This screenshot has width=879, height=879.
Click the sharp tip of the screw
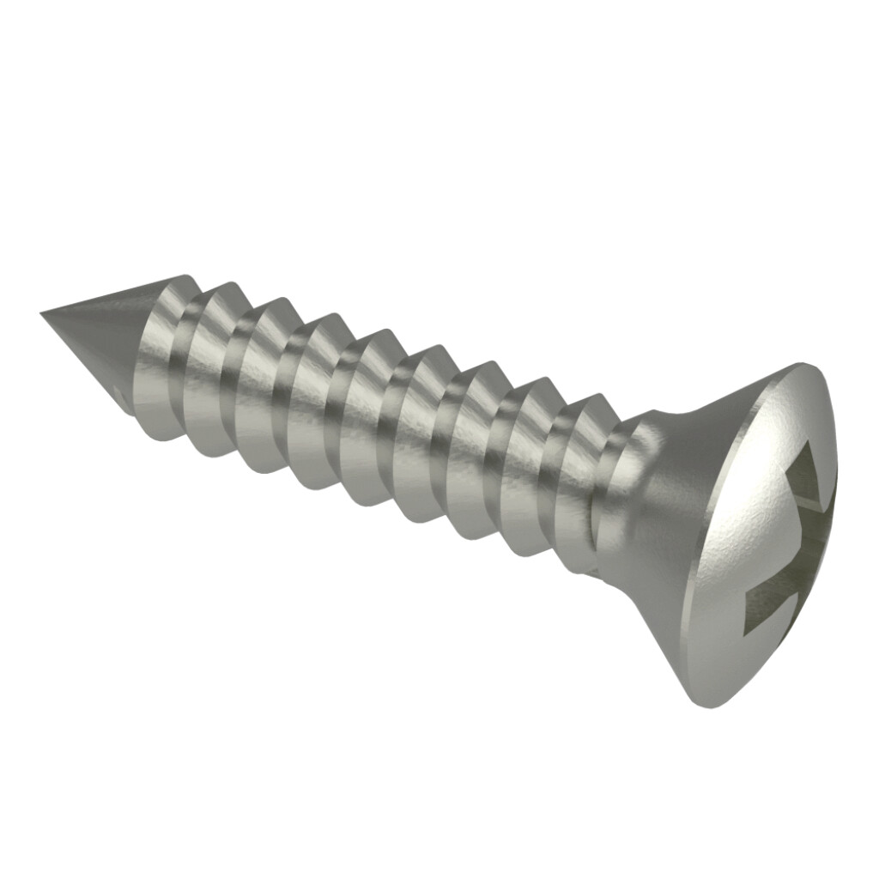(x=43, y=313)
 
